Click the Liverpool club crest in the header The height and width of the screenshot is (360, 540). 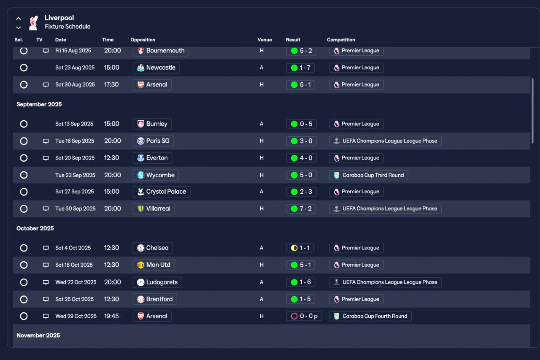coord(33,23)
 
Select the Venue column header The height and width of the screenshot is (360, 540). coord(265,40)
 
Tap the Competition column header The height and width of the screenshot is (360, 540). coord(341,40)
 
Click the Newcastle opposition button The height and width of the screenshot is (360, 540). coord(156,68)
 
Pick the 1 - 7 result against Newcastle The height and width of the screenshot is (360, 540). coord(300,68)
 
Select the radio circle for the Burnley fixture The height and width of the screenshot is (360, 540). coord(24,124)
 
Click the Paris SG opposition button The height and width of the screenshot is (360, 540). coord(153,141)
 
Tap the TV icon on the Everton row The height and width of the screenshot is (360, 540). coord(46,158)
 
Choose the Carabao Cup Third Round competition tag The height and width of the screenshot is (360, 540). coord(368,175)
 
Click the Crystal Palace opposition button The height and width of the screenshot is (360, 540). coord(162,192)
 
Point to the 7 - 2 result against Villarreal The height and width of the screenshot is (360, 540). coord(301,208)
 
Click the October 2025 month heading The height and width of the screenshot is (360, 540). coord(35,228)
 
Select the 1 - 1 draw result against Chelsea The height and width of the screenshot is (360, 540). coord(300,248)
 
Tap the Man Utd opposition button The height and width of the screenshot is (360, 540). coord(154,265)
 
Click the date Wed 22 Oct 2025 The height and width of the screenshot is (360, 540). coord(76,282)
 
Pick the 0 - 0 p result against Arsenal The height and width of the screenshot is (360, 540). coord(304,316)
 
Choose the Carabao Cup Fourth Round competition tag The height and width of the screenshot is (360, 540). coord(370,316)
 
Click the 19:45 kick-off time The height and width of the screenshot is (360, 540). coord(111,316)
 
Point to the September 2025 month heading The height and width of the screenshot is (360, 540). coord(39,104)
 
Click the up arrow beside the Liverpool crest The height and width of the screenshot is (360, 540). coord(19,18)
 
